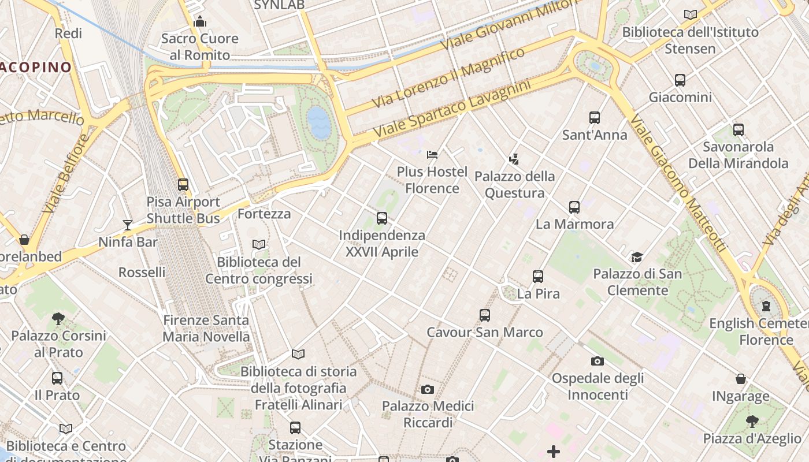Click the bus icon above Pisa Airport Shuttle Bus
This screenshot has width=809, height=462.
click(x=183, y=185)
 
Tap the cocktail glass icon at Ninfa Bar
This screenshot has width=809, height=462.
click(x=128, y=225)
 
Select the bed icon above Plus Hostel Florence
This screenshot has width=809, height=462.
click(x=432, y=154)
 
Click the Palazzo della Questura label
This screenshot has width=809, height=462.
click(x=514, y=184)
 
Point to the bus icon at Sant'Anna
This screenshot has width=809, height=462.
click(x=595, y=118)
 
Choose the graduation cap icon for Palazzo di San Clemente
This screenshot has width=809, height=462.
click(x=637, y=257)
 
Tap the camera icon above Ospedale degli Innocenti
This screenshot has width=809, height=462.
click(x=597, y=362)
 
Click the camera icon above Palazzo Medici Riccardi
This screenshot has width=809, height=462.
click(x=428, y=389)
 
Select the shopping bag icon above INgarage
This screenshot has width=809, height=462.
click(x=740, y=379)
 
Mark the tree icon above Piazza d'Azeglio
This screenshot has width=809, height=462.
click(x=752, y=421)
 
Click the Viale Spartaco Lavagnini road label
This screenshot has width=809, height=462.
click(x=452, y=109)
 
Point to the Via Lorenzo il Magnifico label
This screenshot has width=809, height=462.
click(x=448, y=77)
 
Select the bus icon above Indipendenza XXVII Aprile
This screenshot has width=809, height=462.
click(x=381, y=218)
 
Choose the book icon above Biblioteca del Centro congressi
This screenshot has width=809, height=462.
click(x=259, y=245)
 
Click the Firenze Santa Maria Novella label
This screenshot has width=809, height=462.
click(x=206, y=328)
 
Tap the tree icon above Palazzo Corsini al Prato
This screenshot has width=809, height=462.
click(x=58, y=318)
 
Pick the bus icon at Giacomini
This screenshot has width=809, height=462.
click(x=680, y=80)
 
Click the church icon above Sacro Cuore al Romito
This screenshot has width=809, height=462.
click(x=200, y=22)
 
